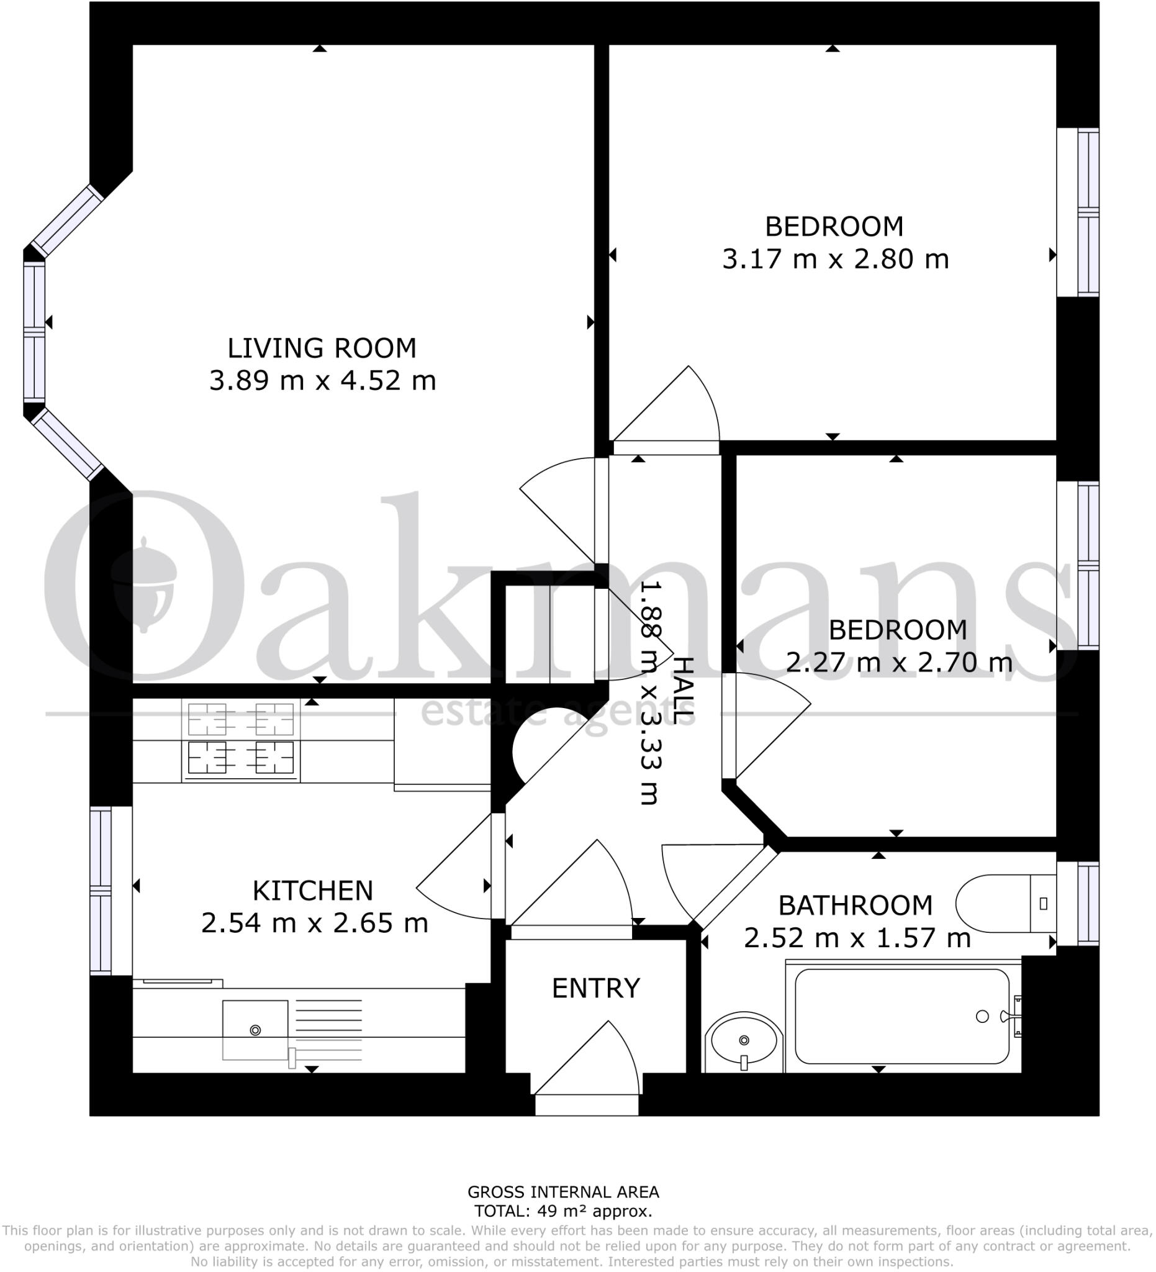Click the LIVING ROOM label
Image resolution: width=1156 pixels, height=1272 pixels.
322,348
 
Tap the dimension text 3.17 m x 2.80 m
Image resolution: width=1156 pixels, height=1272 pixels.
834,260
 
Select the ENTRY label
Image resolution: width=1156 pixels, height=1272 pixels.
595,988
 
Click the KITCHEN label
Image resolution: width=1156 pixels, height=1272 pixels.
313,890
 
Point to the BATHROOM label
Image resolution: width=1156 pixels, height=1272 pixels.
854,906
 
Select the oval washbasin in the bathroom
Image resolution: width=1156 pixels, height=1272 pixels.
743,1041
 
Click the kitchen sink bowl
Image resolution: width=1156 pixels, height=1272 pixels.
255,1030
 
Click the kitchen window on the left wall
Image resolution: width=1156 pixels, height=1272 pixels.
101,890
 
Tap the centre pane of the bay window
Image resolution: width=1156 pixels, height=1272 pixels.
34,332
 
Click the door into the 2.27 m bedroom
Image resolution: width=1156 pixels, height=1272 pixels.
766,725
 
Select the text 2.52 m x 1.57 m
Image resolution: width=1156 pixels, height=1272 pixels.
856,938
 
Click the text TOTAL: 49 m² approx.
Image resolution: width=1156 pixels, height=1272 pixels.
562,1211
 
